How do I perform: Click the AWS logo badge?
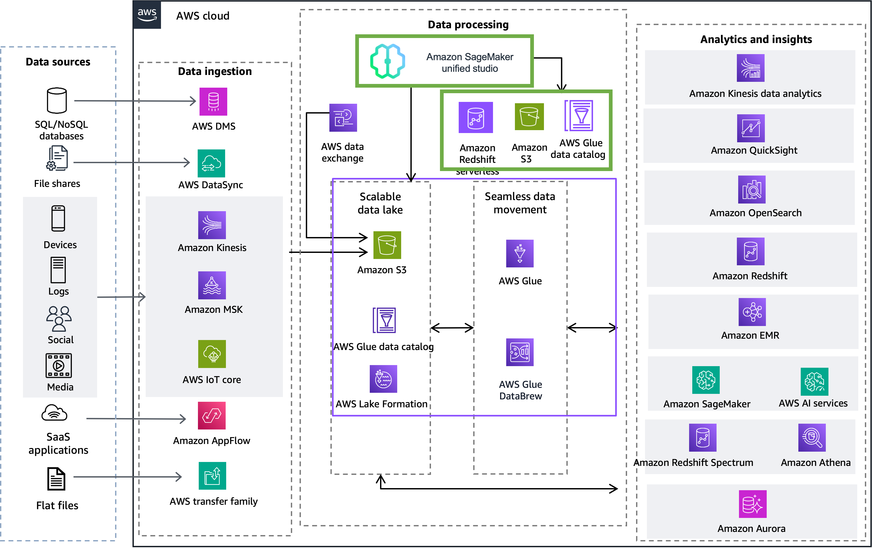(147, 15)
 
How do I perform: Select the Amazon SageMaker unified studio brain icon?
(387, 61)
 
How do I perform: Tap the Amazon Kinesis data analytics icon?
(750, 68)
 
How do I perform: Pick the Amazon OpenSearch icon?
(752, 190)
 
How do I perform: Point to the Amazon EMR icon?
(752, 312)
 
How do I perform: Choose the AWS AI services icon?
(814, 382)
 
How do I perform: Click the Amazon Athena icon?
(812, 438)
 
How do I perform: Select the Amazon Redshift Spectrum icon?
(703, 438)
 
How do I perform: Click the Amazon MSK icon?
(212, 285)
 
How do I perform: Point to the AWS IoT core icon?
(212, 354)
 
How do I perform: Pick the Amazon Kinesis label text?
(212, 248)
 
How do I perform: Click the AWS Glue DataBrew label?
(520, 390)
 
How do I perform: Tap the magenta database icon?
(213, 102)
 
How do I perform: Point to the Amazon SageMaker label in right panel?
(707, 404)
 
